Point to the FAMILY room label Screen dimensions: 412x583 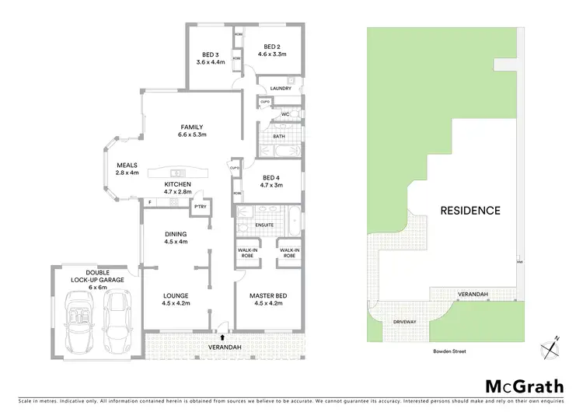tap(192, 126)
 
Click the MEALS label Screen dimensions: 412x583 tap(127, 165)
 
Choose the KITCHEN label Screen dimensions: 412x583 tap(177, 184)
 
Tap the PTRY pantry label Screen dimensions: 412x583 tap(201, 206)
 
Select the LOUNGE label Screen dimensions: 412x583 tap(176, 295)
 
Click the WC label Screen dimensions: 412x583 tap(285, 115)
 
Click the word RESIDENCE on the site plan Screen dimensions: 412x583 tap(470, 210)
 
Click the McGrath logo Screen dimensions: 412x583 tap(520, 386)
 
